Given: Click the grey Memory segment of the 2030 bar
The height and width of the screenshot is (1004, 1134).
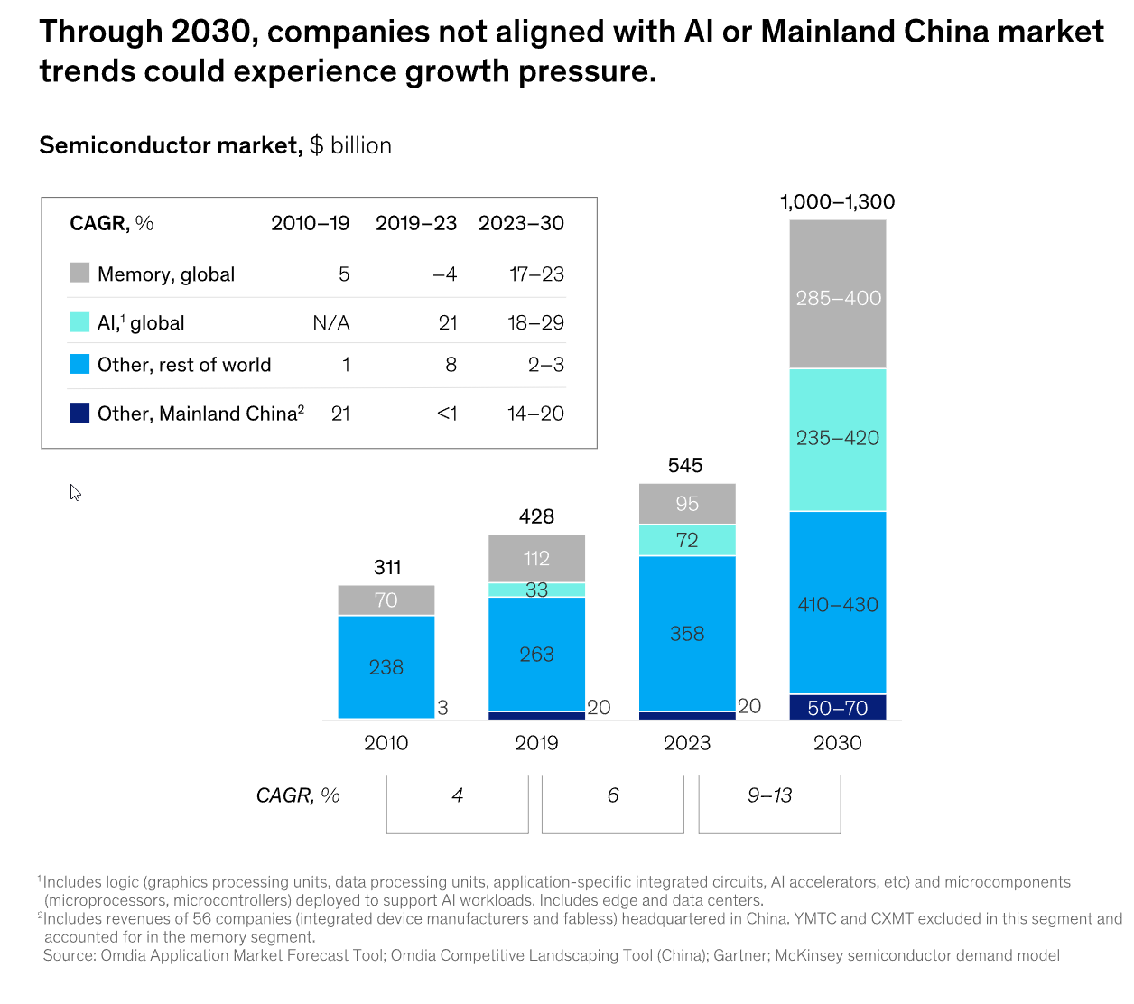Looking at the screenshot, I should click(838, 294).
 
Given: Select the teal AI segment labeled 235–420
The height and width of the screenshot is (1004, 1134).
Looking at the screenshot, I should click(838, 439).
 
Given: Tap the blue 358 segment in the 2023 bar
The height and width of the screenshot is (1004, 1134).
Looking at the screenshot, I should click(687, 634).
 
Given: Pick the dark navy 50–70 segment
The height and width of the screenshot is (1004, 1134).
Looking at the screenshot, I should click(838, 708).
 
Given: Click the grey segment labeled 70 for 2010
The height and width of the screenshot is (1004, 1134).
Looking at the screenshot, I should click(386, 600).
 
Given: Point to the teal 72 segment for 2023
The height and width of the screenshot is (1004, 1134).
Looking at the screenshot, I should click(687, 540).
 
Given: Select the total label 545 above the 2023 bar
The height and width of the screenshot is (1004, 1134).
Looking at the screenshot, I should click(685, 466).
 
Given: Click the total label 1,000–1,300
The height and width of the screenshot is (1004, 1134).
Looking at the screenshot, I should click(838, 202).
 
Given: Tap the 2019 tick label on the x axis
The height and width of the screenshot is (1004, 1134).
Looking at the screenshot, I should click(536, 743).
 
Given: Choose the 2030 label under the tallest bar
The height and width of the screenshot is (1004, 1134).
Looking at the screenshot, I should click(838, 743).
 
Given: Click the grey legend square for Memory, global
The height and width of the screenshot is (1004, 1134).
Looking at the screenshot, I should click(79, 273).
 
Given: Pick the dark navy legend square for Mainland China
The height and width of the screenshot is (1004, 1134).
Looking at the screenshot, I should click(79, 413).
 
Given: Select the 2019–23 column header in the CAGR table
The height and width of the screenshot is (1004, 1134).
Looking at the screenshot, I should click(416, 223).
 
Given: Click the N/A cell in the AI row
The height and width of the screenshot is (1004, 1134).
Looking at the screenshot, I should click(330, 323).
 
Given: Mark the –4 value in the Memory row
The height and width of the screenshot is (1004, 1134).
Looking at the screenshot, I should click(444, 274).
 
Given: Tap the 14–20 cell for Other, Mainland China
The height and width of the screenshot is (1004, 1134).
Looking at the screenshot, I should click(535, 414).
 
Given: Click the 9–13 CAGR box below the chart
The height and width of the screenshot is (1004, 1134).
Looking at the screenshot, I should click(769, 796).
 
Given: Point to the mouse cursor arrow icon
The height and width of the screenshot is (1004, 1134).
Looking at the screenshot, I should click(75, 492).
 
